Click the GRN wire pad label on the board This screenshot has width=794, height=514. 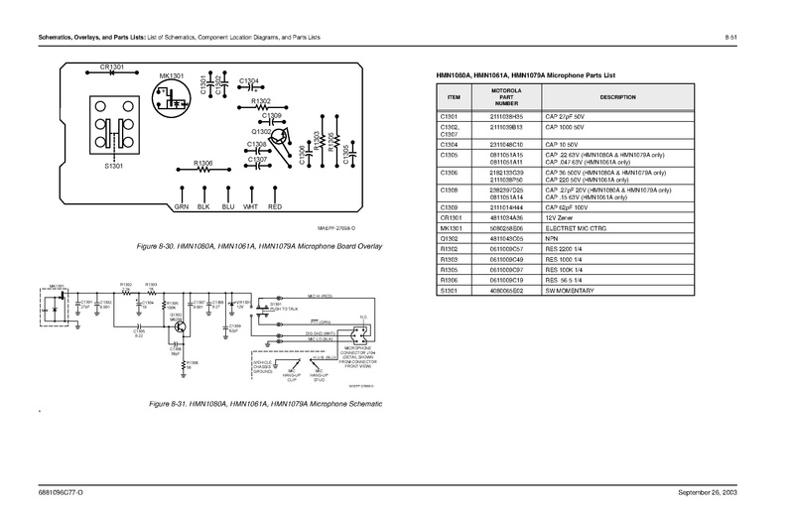pyautogui.click(x=181, y=207)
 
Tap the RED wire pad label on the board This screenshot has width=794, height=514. pyautogui.click(x=276, y=207)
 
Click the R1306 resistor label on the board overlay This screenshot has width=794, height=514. pyautogui.click(x=203, y=162)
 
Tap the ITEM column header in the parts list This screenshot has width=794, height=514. pyautogui.click(x=455, y=96)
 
